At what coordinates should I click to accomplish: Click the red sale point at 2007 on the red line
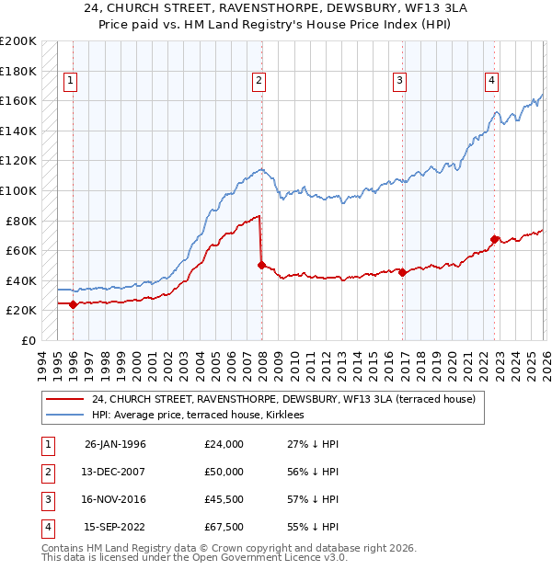point(261,265)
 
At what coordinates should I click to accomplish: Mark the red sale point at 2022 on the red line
point(494,239)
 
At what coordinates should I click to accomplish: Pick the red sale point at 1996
point(73,304)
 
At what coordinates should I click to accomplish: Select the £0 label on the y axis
point(28,340)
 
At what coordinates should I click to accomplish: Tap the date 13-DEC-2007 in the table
point(115,472)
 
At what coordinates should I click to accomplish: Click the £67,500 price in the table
point(224,527)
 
